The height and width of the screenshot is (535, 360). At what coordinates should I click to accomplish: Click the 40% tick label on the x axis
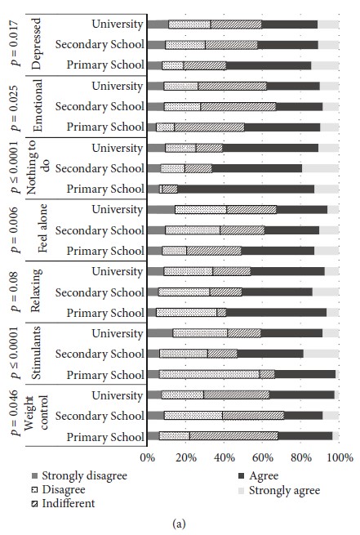(224, 457)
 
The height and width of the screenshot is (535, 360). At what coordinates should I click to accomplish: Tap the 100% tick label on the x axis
(340, 457)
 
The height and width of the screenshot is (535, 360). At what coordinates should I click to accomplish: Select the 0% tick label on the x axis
(147, 457)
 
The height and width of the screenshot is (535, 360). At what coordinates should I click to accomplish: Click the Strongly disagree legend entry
(79, 475)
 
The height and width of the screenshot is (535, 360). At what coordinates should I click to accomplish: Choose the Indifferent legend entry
(64, 503)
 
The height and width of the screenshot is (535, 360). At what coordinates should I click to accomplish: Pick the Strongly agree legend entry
(279, 490)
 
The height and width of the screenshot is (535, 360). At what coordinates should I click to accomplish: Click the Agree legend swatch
(242, 476)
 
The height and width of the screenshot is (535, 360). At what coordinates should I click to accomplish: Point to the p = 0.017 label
(16, 42)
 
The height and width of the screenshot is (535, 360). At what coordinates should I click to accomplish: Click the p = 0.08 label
(16, 292)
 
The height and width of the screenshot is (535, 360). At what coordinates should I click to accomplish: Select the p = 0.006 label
(16, 230)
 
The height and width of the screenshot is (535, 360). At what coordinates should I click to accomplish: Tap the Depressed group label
(36, 43)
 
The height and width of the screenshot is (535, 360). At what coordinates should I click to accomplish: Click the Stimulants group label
(36, 353)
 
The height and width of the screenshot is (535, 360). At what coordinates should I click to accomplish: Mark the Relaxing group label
(36, 290)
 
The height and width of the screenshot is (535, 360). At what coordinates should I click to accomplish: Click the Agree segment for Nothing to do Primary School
(246, 189)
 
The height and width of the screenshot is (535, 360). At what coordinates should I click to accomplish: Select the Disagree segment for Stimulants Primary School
(209, 374)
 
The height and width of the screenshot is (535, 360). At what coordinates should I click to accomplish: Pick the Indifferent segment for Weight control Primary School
(233, 436)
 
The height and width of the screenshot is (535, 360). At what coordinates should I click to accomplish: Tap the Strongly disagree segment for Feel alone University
(162, 209)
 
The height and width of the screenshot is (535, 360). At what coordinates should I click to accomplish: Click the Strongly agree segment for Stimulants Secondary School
(321, 354)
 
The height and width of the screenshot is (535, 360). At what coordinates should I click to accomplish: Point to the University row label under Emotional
(118, 86)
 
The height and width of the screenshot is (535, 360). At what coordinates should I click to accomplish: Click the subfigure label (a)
(180, 524)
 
